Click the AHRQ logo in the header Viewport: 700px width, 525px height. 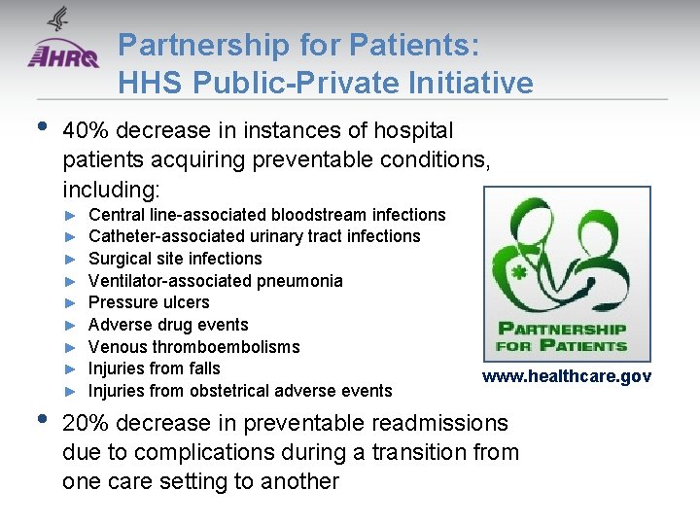point(62,55)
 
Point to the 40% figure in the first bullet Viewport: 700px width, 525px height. point(85,130)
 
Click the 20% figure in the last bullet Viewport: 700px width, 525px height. point(85,423)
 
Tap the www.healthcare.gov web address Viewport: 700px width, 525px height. point(567,376)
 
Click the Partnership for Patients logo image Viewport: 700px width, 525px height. point(567,274)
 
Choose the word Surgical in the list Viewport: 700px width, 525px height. point(120,259)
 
